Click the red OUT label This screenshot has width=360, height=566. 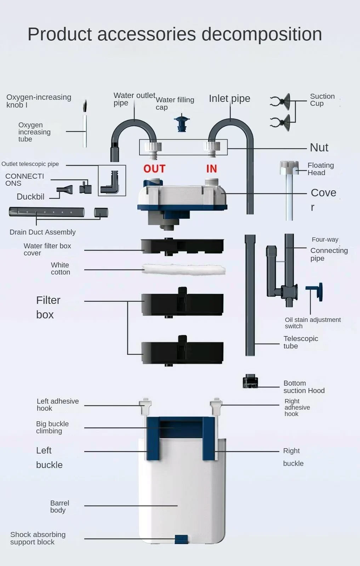[x=154, y=169]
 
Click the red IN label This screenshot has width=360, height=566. [x=211, y=169]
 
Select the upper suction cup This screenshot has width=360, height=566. [x=281, y=101]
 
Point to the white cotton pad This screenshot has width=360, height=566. [x=183, y=270]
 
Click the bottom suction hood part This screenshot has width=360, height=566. [x=250, y=382]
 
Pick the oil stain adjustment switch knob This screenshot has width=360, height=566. [x=317, y=291]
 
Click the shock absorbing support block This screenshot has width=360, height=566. [x=181, y=539]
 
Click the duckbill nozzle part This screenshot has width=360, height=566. [x=65, y=190]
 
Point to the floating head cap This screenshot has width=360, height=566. [x=289, y=168]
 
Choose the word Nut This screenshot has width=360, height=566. [x=319, y=148]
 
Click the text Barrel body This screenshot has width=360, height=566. [x=59, y=507]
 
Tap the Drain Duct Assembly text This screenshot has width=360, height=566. [x=42, y=232]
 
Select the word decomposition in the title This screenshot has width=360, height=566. [x=262, y=34]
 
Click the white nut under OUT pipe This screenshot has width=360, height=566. [x=153, y=147]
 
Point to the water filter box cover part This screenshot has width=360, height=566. [x=182, y=246]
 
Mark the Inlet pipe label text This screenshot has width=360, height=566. [x=229, y=98]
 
